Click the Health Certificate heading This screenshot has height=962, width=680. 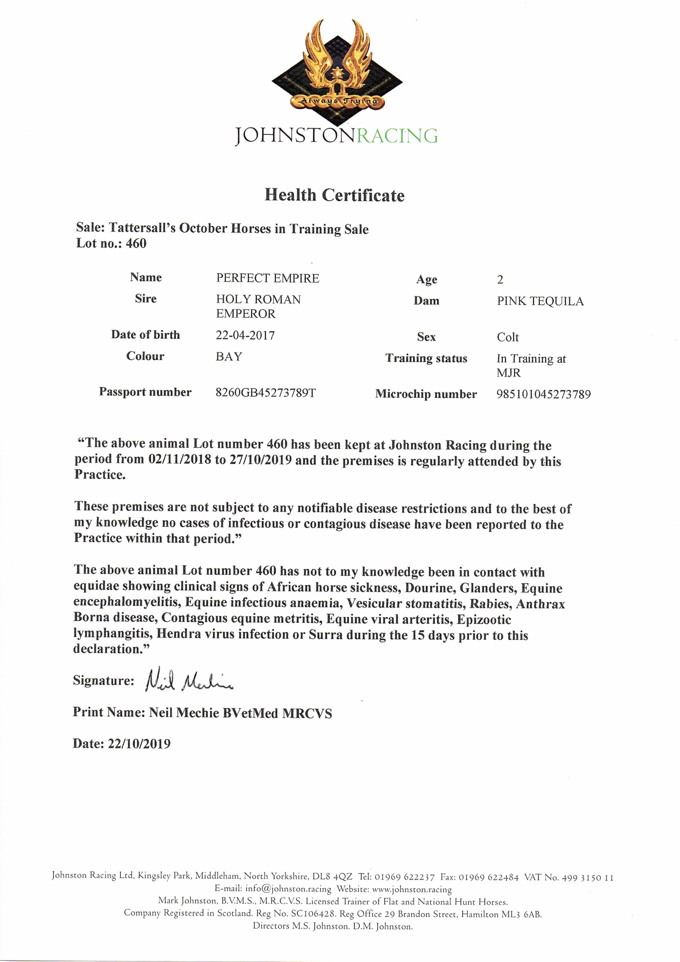point(334,195)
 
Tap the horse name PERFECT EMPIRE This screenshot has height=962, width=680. point(267,278)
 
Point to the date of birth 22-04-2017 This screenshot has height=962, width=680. point(245,335)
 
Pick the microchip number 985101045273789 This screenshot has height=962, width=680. point(543,394)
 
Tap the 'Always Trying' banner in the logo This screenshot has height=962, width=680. point(339,101)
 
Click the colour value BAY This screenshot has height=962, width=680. point(229,357)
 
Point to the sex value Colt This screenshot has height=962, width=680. point(507,337)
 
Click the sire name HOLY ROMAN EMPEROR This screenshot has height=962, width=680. point(258,306)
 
